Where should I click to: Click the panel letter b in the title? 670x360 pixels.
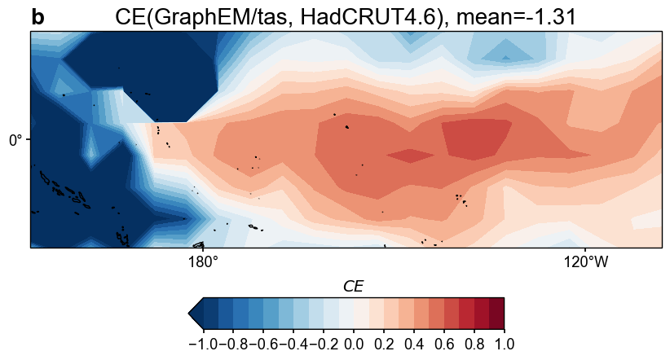pyautogui.click(x=38, y=17)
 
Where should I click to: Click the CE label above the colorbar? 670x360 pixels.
pyautogui.click(x=353, y=286)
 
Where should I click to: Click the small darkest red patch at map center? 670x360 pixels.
pyautogui.click(x=412, y=156)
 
